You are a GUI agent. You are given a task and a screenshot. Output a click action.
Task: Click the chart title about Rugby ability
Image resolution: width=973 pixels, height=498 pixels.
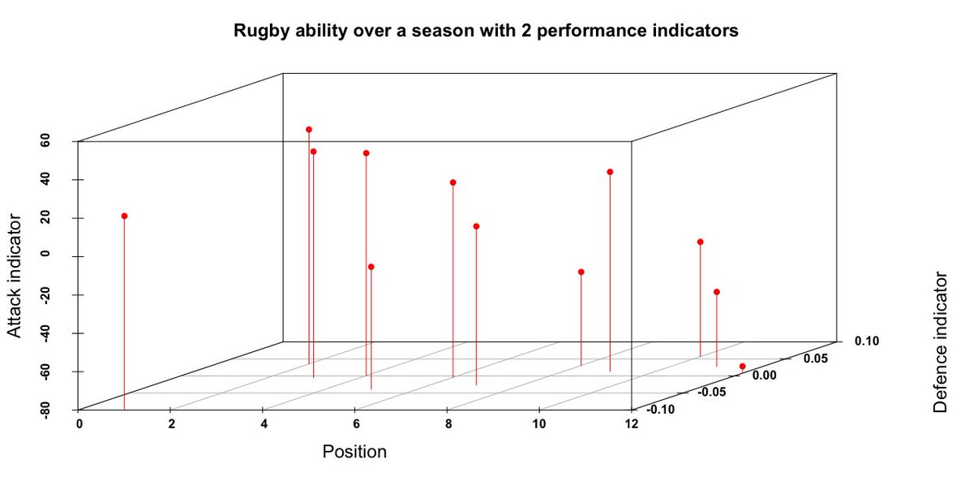[486, 32]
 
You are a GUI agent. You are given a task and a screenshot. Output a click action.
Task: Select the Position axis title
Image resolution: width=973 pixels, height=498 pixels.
[354, 452]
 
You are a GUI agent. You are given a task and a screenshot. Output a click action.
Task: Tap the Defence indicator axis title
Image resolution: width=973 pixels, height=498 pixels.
[941, 342]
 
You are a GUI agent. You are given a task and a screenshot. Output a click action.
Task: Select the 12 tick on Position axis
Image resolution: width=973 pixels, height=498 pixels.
[632, 424]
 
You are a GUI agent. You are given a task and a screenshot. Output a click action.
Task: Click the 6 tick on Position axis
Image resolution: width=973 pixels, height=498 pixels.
[356, 424]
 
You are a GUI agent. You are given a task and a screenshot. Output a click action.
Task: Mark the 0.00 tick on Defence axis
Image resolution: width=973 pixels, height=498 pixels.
[765, 375]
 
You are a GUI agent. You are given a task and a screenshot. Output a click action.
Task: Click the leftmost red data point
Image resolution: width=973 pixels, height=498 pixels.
[124, 216]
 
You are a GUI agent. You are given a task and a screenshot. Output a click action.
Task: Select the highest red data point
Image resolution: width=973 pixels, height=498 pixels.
[309, 130]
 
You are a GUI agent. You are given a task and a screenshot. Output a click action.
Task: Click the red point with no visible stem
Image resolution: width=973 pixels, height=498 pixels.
[742, 367]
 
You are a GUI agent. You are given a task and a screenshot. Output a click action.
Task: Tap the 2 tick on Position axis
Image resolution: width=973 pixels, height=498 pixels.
[171, 424]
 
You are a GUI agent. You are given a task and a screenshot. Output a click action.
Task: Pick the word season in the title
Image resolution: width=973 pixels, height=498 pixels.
[458, 32]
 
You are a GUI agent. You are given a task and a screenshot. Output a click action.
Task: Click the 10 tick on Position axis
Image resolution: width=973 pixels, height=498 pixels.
[540, 424]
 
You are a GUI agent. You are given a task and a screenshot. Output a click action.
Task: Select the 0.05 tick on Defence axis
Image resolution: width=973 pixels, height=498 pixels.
[816, 358]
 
